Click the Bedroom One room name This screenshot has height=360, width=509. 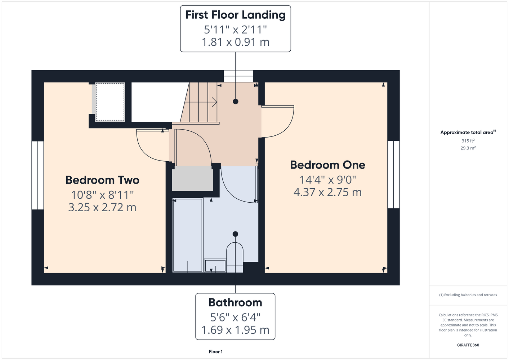pyautogui.click(x=327, y=165)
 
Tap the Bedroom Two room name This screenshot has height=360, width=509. pyautogui.click(x=102, y=180)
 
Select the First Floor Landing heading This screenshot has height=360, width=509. pyautogui.click(x=236, y=15)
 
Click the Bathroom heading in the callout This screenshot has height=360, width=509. pyautogui.click(x=235, y=302)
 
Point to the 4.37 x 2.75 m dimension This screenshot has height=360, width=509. pyautogui.click(x=327, y=192)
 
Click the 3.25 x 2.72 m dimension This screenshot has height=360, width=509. pyautogui.click(x=102, y=207)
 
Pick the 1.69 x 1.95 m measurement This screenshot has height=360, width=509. pyautogui.click(x=235, y=330)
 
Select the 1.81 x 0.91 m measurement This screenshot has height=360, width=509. pyautogui.click(x=236, y=42)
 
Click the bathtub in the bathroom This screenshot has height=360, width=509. pyautogui.click(x=188, y=235)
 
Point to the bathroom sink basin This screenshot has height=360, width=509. pyautogui.click(x=215, y=266)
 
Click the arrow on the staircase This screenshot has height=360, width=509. pyautogui.click(x=201, y=102)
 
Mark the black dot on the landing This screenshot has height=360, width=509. pyautogui.click(x=236, y=102)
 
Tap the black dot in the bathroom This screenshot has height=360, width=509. pyautogui.click(x=235, y=234)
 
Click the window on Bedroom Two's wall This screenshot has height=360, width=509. pyautogui.click(x=37, y=175)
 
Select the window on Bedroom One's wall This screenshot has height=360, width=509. pyautogui.click(x=393, y=175)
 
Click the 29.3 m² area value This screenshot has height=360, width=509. pyautogui.click(x=468, y=148)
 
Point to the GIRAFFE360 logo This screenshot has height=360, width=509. pyautogui.click(x=468, y=345)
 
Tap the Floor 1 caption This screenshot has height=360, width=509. pyautogui.click(x=216, y=352)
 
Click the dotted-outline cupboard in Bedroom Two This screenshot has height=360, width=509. pyautogui.click(x=110, y=102)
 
